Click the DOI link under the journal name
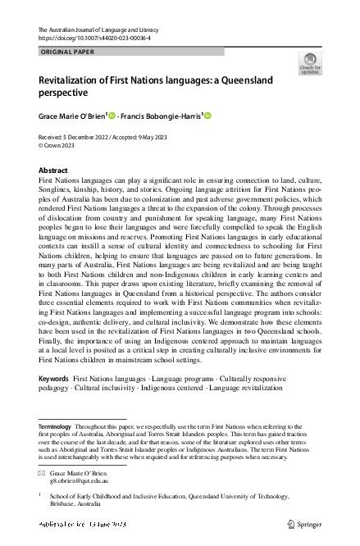tap(93, 38)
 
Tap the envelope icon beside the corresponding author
tap(43, 474)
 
